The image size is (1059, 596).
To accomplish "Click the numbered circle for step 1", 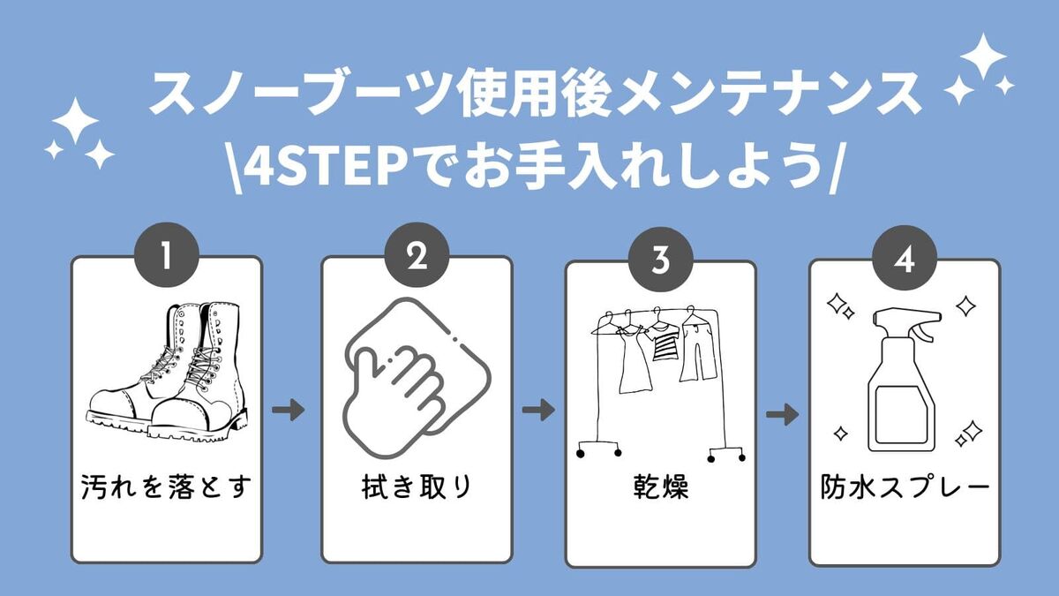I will [166, 257].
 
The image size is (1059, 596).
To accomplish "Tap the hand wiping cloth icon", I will [416, 366].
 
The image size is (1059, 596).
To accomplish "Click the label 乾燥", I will [660, 488].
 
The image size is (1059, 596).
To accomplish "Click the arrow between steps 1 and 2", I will [289, 410].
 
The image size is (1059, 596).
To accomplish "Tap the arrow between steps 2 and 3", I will [538, 410].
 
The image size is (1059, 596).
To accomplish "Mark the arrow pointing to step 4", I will [782, 414].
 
